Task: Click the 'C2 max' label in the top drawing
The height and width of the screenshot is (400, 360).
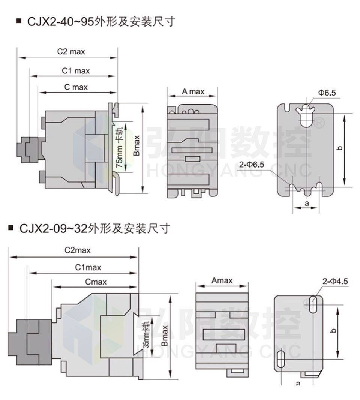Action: [x=71, y=52]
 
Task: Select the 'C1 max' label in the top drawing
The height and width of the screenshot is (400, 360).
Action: [x=76, y=70]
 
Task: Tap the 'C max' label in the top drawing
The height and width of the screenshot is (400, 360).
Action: [x=76, y=87]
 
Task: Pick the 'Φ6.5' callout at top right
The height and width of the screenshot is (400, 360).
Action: [x=327, y=93]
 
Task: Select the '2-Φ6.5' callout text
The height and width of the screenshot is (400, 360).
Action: [x=252, y=164]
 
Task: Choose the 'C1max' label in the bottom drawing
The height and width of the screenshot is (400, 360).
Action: [x=88, y=267]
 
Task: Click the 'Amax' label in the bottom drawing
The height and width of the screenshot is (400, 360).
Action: [x=222, y=280]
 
